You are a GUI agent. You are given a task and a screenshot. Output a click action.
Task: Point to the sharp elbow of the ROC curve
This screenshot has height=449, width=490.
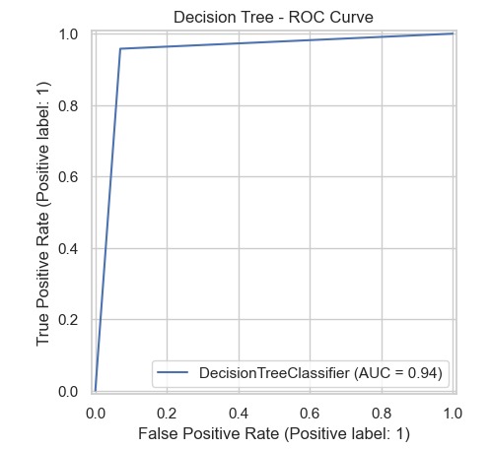tap(120, 48)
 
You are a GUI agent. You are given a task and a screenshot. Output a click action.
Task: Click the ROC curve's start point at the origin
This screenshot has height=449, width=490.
tap(95, 391)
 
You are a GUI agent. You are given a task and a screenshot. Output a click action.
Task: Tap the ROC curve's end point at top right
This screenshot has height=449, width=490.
tap(454, 33)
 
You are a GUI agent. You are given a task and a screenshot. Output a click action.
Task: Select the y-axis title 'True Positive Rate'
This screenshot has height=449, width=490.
tap(44, 212)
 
